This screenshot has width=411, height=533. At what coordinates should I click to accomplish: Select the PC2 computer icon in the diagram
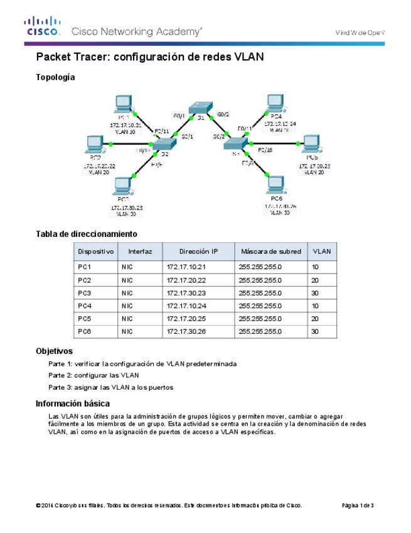tap(95, 144)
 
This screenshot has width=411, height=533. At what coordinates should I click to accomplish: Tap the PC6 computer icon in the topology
tap(274, 184)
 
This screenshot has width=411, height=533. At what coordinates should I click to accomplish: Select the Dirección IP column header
tap(198, 251)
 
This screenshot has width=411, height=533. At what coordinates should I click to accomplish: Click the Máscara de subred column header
tap(271, 251)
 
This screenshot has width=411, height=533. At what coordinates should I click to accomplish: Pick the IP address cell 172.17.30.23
tap(186, 293)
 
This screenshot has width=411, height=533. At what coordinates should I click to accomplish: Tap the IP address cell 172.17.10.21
tap(186, 267)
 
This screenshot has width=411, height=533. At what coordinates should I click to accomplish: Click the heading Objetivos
tap(54, 351)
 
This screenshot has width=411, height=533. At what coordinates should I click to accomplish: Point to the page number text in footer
tap(358, 505)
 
